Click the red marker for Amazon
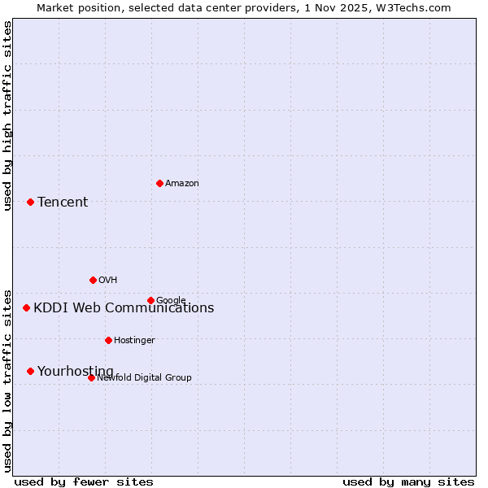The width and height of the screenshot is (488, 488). [159, 183]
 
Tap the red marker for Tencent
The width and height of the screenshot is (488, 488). [30, 202]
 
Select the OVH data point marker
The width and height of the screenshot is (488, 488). [93, 280]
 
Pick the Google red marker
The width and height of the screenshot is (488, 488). [150, 300]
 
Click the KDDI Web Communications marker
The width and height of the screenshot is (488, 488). [26, 307]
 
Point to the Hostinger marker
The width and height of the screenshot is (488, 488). [108, 340]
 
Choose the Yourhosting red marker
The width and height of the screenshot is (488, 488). [30, 371]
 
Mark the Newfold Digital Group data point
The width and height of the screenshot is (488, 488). [91, 377]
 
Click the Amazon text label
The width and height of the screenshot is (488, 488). [182, 184]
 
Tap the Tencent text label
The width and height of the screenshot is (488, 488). [63, 202]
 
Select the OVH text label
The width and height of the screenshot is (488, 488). [108, 281]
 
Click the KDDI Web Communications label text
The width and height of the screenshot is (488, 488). [124, 307]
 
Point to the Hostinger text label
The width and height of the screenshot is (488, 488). [134, 341]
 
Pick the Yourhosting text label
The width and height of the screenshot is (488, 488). [76, 371]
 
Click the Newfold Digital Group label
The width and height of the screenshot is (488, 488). [145, 377]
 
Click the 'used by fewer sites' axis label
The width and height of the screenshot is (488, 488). [84, 481]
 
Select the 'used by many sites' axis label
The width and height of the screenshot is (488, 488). [408, 481]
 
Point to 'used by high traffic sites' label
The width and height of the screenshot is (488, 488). [7, 115]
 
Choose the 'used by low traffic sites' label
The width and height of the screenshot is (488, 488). [7, 380]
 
